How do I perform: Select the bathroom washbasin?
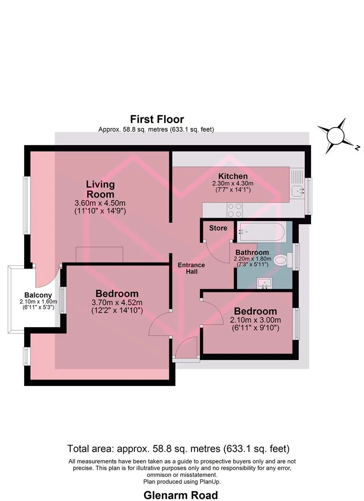pos(264,283)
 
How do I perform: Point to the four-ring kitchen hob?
pos(234,210)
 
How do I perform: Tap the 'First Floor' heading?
pos(157,120)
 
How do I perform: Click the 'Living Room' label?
pos(100,189)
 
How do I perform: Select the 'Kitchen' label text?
pos(233,176)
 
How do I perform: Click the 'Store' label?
pos(218,228)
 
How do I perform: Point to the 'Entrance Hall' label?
pos(191,268)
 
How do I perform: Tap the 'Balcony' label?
pos(38,295)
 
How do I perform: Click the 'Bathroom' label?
pos(252,252)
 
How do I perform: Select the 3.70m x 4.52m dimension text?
pos(117,302)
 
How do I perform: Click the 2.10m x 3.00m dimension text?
pos(255,320)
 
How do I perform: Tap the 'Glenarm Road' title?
pos(181,495)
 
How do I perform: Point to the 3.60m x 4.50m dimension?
pos(100,203)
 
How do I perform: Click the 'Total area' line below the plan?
pos(178,449)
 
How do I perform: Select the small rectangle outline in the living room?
pos(99,255)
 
